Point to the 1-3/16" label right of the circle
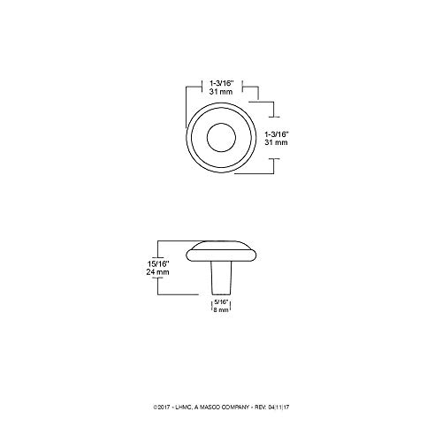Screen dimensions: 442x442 [x=289, y=133]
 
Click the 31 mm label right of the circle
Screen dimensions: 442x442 [x=289, y=143]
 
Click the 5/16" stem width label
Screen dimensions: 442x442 [x=222, y=303]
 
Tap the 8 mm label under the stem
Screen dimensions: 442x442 [x=222, y=312]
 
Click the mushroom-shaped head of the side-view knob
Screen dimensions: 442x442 [x=221, y=253]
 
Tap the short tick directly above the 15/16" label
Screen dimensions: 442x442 [x=157, y=248]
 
